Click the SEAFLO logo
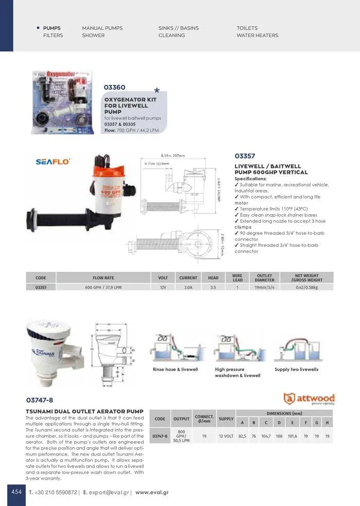53,162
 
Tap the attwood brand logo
309,398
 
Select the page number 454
16,492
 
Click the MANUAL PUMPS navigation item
102,28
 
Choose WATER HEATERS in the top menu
257,36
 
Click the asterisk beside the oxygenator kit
157,92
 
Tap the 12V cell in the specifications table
163,287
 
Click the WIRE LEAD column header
237,278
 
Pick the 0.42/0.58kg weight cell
307,287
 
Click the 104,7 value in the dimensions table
266,436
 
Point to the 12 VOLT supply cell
226,436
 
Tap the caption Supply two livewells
296,370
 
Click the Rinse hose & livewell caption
175,370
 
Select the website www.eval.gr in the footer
152,492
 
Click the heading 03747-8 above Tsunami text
40,399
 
